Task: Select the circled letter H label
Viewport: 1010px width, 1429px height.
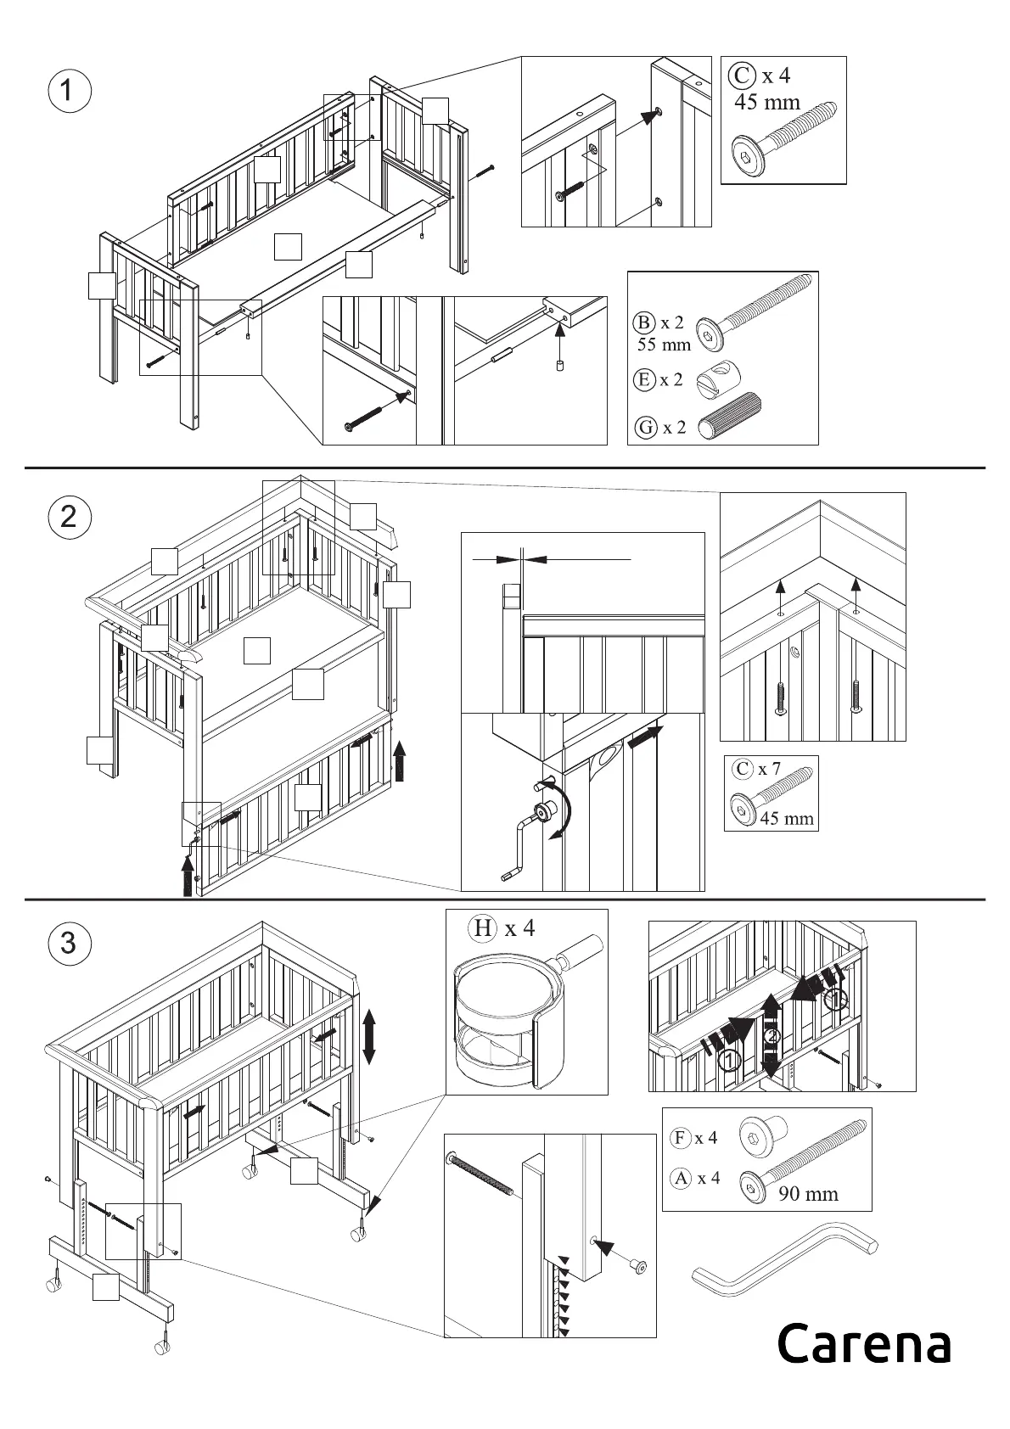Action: click(482, 927)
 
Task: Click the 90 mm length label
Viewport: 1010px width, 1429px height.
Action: click(808, 1194)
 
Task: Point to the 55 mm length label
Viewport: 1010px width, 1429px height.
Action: click(664, 345)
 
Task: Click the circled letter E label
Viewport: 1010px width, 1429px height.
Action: click(645, 379)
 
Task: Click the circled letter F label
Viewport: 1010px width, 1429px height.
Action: click(680, 1138)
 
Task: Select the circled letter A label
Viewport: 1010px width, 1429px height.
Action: click(681, 1178)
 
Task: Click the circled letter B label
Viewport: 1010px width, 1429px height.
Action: click(645, 322)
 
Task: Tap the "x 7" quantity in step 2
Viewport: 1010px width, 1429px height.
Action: click(769, 769)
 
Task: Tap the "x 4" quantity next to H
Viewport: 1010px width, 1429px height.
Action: click(519, 927)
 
